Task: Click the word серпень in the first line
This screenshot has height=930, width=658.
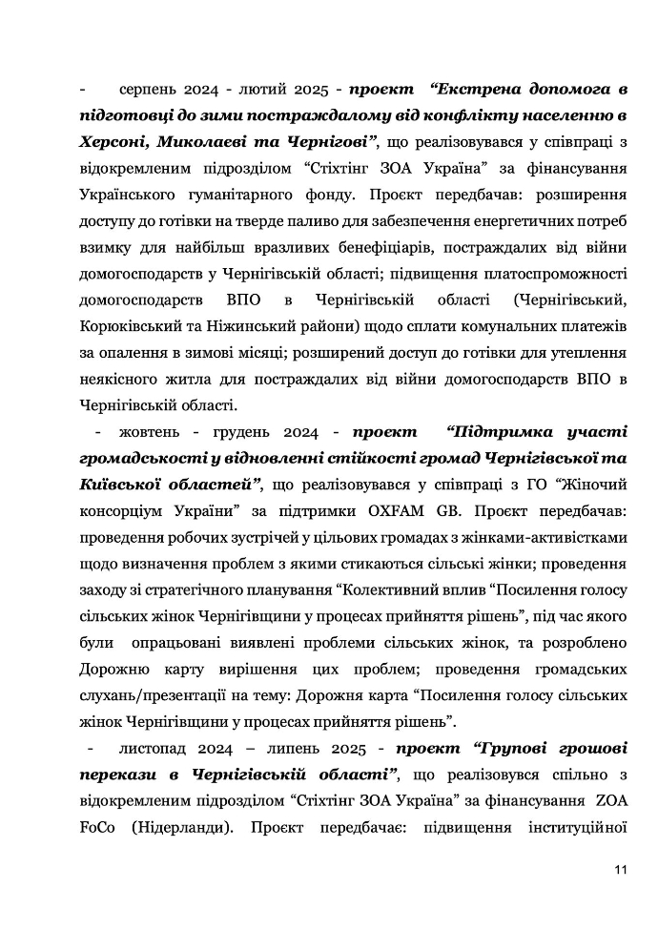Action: (147, 91)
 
